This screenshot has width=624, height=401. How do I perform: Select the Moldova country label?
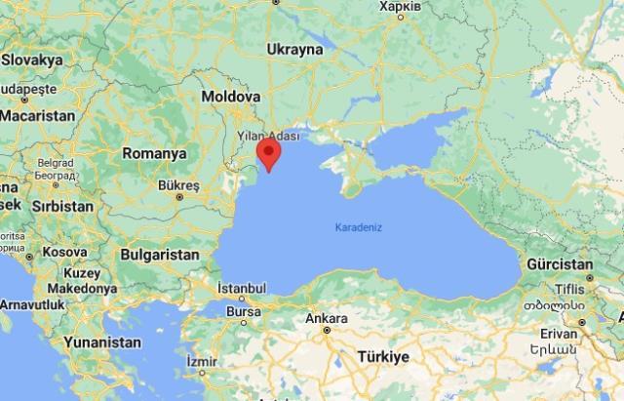point(231,98)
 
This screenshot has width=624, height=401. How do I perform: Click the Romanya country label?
point(154,153)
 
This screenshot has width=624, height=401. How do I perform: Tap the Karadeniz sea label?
point(359,227)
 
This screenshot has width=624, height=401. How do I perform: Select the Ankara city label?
point(326,319)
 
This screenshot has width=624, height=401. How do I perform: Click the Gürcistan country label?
point(559,264)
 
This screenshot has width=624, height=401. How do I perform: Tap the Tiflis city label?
point(568,289)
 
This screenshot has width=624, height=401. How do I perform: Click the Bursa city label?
point(243,311)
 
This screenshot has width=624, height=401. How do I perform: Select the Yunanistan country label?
point(101,342)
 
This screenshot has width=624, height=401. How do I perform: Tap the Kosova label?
point(65,252)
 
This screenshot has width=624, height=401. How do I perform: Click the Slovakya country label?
point(33,59)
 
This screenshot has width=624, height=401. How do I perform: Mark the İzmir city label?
point(202,361)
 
